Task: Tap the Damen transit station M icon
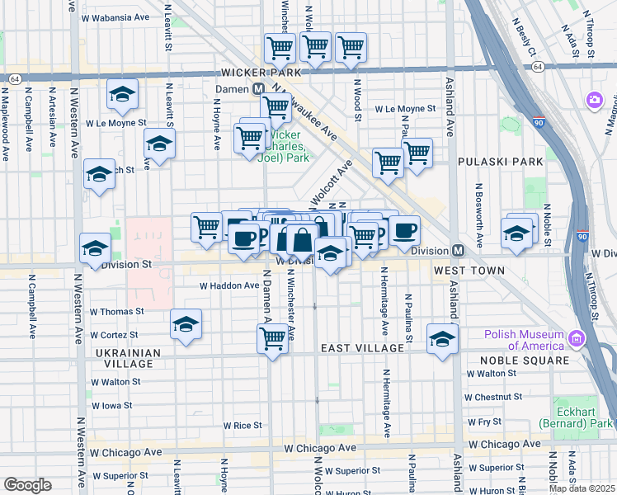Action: coord(258,88)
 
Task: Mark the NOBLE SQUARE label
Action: coord(529,361)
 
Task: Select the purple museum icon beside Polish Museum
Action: coord(577,338)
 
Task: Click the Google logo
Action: coord(27,485)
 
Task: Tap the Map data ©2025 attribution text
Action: coord(582,488)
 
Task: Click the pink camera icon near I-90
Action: coord(594,100)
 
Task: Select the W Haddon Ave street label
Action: coord(229,285)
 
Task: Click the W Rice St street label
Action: coord(243,426)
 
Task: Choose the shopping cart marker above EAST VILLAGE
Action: coord(272,337)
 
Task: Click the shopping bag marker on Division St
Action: coord(302,240)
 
